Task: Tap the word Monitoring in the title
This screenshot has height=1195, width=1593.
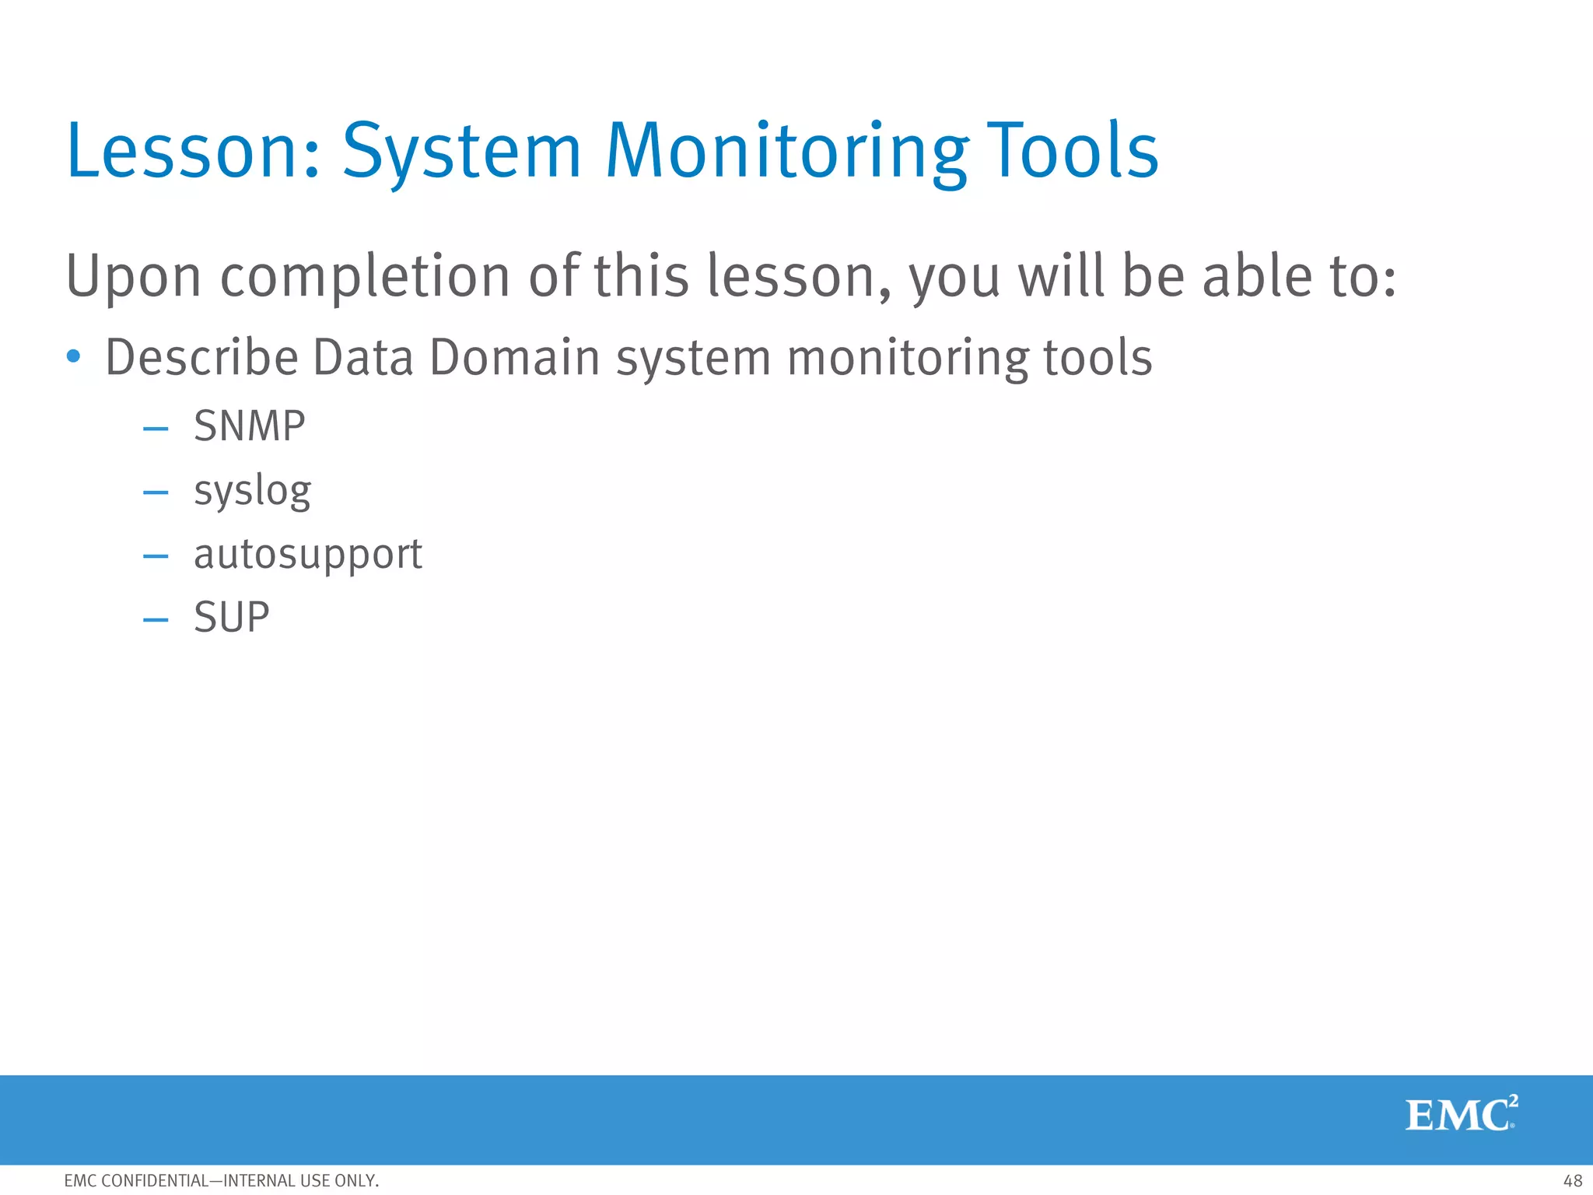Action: pos(786,151)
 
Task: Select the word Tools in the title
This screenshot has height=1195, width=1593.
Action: pos(1073,151)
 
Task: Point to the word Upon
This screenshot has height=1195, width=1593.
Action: pos(133,277)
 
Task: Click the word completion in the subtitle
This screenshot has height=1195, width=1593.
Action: pos(365,277)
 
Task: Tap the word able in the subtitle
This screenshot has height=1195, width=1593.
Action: pos(1245,277)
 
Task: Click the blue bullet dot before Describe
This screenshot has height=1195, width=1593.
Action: pos(74,357)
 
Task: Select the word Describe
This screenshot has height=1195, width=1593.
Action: pos(201,357)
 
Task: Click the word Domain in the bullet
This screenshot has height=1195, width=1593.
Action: pos(513,357)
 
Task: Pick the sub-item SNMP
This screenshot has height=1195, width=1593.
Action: pos(250,426)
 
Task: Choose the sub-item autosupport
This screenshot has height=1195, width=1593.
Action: pos(308,555)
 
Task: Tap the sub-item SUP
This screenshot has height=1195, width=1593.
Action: pos(231,618)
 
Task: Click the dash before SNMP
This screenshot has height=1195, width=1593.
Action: pos(156,429)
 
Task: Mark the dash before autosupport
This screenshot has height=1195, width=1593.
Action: pos(156,556)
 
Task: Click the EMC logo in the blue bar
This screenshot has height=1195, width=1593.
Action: pos(1461,1115)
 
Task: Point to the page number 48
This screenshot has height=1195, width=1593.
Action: pos(1572,1181)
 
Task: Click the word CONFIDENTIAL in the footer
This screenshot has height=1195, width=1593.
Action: pos(156,1181)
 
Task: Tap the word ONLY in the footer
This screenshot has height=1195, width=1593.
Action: pos(356,1181)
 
